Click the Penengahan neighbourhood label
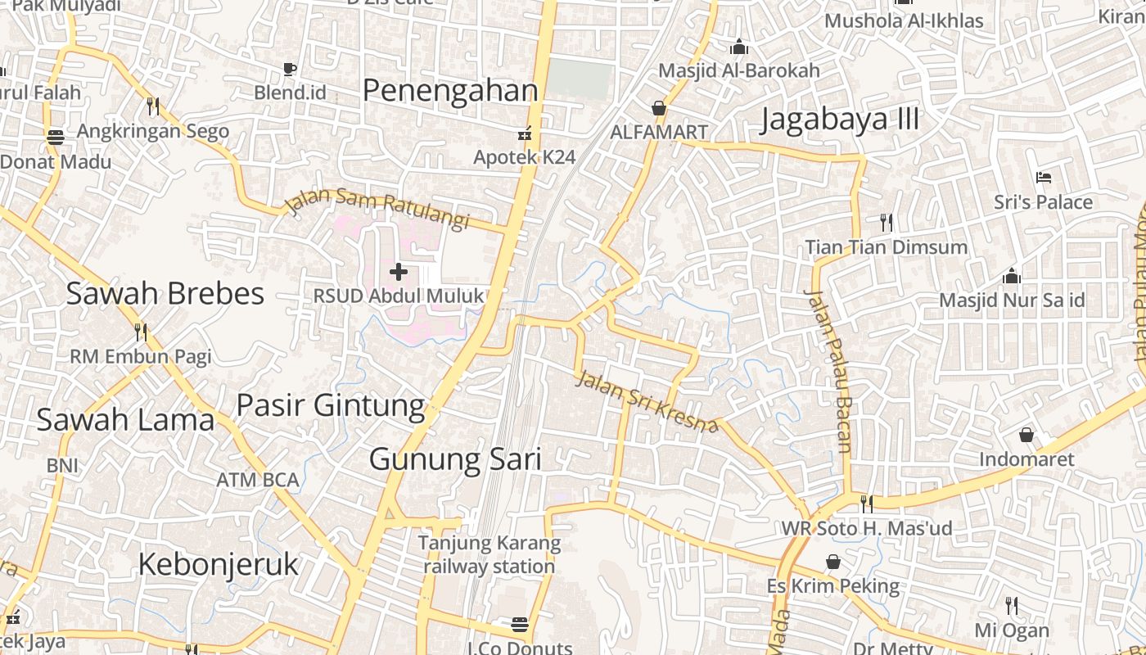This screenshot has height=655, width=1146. pos(450,91)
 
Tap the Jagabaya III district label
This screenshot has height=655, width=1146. pos(840,120)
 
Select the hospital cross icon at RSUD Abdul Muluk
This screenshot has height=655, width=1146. pos(399,272)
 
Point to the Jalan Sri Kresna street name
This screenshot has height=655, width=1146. pos(647,402)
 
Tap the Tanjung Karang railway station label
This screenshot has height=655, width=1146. pos(490,554)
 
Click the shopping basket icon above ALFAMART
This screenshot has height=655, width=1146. pos(659,108)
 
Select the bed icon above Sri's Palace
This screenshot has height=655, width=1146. pos(1043,177)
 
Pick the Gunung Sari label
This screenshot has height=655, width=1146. pos(455,459)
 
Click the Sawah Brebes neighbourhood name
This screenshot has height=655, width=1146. pos(165,293)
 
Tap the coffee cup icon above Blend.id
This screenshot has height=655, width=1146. pos(289,69)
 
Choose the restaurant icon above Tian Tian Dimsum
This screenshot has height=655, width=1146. pos(886,222)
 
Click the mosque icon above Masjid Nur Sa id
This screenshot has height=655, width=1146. pos(1012,275)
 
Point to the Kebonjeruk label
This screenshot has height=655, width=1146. pos(219,564)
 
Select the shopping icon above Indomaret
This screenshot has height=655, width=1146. pos(1026,435)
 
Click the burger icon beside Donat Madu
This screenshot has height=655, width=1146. pos(56,137)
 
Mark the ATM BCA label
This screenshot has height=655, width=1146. pos(258,480)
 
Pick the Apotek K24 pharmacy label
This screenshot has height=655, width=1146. pos(525,156)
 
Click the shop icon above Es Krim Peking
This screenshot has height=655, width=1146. pos(833,562)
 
